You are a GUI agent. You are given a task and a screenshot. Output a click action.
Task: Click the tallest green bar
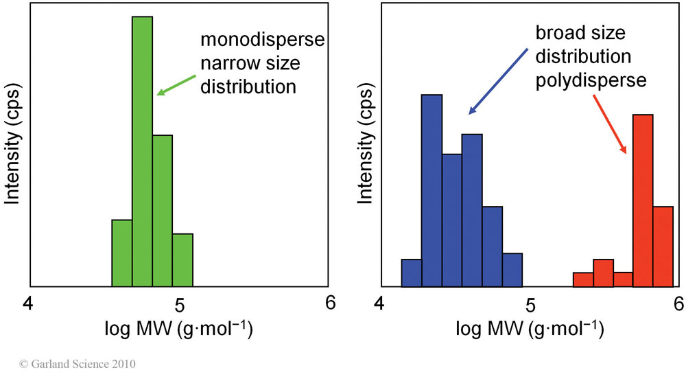(142, 151)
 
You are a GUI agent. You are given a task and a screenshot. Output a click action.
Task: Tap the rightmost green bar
(182, 260)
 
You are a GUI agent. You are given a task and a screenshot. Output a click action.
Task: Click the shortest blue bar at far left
(411, 273)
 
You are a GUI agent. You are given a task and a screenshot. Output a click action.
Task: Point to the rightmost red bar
(663, 246)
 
